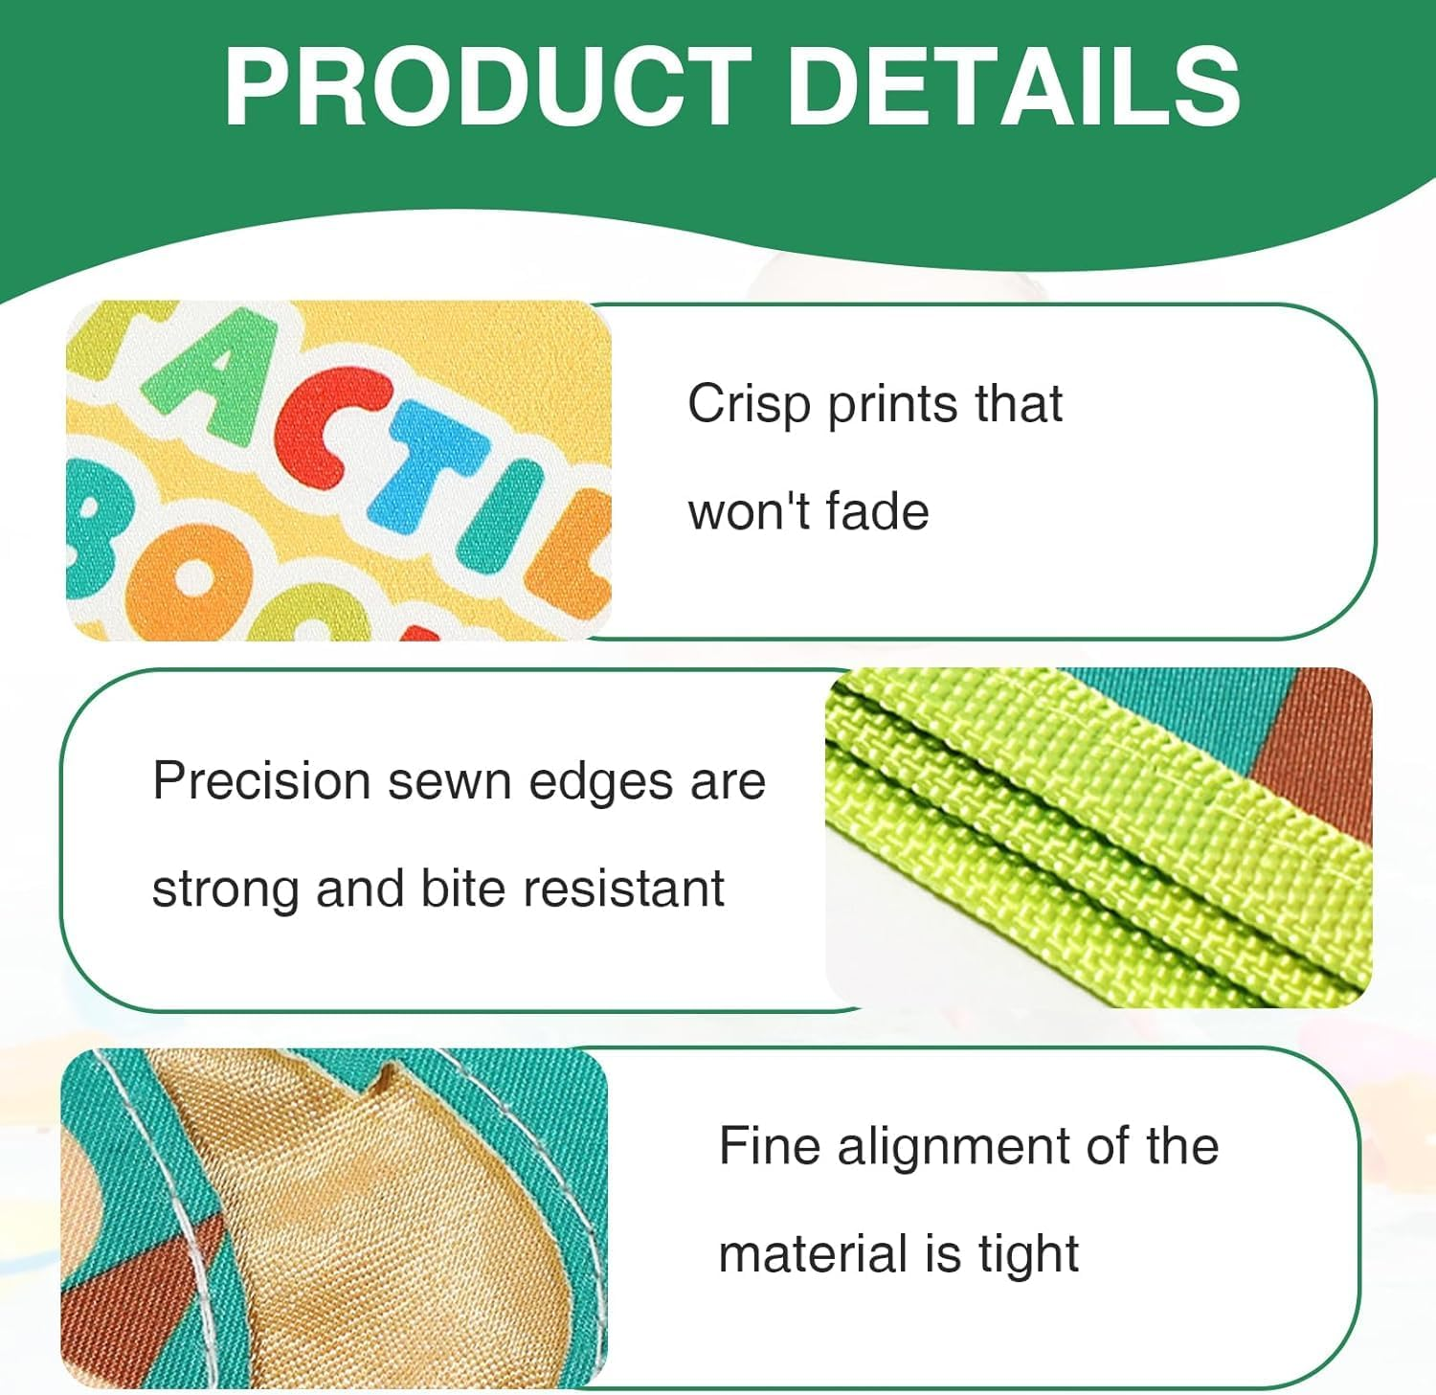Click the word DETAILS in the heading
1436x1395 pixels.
(x=1014, y=86)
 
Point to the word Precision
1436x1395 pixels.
(x=261, y=780)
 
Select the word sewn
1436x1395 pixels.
(x=450, y=782)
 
